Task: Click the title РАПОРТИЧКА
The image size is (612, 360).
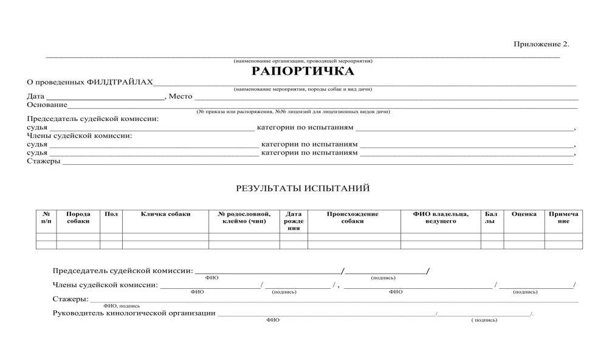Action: pos(303,72)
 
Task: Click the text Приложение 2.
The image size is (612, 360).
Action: pos(541,44)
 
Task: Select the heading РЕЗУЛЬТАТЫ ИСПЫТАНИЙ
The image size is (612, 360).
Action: pos(303,189)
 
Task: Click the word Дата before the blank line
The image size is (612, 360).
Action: pos(36,96)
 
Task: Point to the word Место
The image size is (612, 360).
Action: pos(180,96)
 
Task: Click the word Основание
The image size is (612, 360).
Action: pos(47,105)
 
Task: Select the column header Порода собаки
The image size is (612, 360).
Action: pos(78,218)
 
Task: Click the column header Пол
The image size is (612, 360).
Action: pos(111,214)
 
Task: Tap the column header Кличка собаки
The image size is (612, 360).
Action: pos(165,214)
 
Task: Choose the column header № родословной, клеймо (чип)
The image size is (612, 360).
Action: pos(244,218)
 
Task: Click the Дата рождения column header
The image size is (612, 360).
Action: pos(294,221)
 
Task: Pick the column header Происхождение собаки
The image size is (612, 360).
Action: pos(352,218)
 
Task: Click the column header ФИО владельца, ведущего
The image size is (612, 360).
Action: pos(441,218)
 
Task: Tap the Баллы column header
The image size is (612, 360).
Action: pos(491,218)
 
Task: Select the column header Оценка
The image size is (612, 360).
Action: pos(524,214)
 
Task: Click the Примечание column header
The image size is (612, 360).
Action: pos(563,218)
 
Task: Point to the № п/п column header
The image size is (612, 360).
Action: pos(46,218)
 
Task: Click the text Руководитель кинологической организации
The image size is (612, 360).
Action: pos(134,313)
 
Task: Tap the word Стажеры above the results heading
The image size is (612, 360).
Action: pos(44,161)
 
